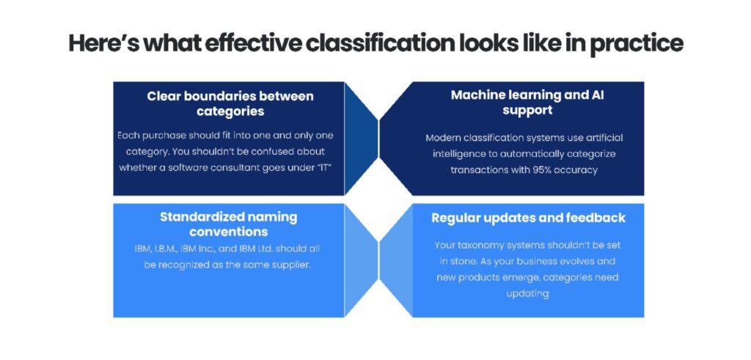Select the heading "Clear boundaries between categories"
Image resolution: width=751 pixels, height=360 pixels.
(x=230, y=103)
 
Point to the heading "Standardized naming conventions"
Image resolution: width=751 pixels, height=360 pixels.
(x=229, y=224)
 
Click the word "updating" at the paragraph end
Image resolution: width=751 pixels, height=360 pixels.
(x=526, y=293)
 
